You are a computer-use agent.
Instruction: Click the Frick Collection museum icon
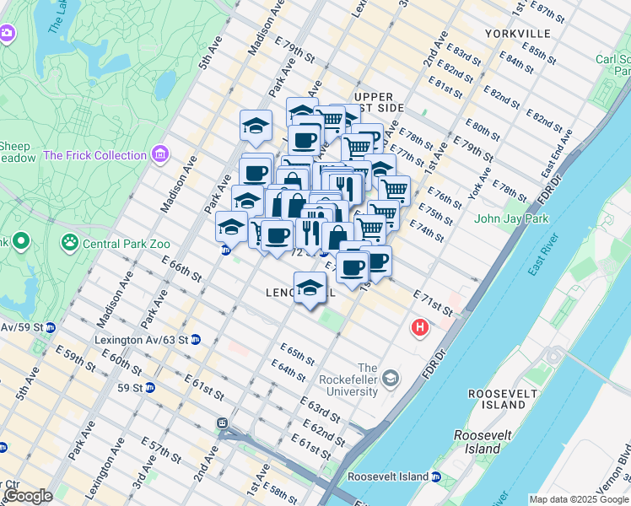pyautogui.click(x=159, y=155)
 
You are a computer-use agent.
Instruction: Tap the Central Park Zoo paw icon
pyautogui.click(x=69, y=244)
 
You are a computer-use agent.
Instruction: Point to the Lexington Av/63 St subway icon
pyautogui.click(x=196, y=340)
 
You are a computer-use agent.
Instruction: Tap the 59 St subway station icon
pyautogui.click(x=150, y=388)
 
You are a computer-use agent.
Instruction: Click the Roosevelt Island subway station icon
pyautogui.click(x=436, y=477)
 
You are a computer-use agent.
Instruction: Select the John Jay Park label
pyautogui.click(x=511, y=219)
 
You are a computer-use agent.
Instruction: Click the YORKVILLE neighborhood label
pyautogui.click(x=518, y=34)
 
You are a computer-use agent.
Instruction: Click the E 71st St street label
pyautogui.click(x=433, y=304)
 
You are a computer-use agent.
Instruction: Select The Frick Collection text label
pyautogui.click(x=94, y=155)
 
